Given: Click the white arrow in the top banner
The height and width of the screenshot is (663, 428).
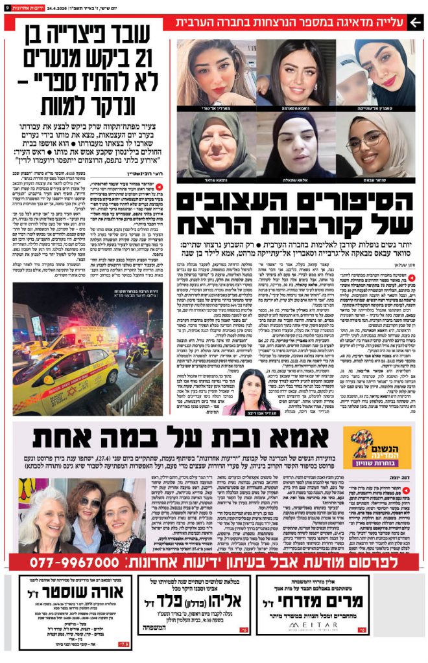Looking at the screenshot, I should click(x=416, y=22).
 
